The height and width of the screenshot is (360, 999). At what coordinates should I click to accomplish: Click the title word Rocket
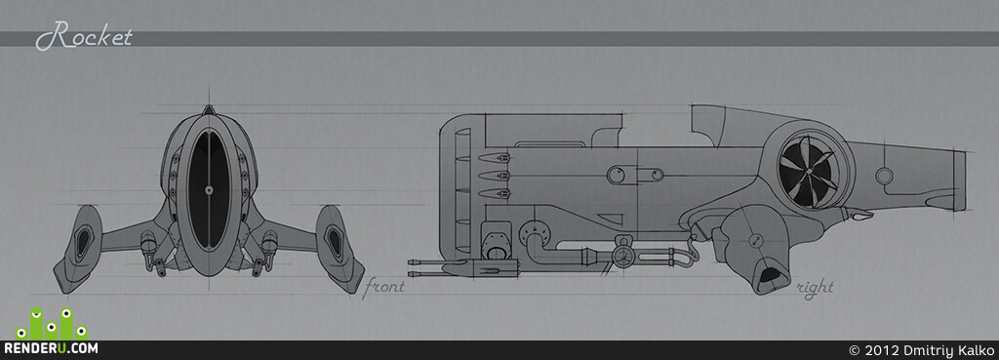pyautogui.click(x=84, y=36)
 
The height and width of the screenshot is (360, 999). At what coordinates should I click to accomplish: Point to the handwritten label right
pyautogui.click(x=815, y=289)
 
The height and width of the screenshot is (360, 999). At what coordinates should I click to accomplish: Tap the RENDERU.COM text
pyautogui.click(x=51, y=348)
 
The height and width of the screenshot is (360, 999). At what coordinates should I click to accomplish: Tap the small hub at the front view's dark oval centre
pyautogui.click(x=209, y=190)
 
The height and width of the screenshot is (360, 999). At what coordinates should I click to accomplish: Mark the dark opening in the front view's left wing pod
pyautogui.click(x=83, y=243)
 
